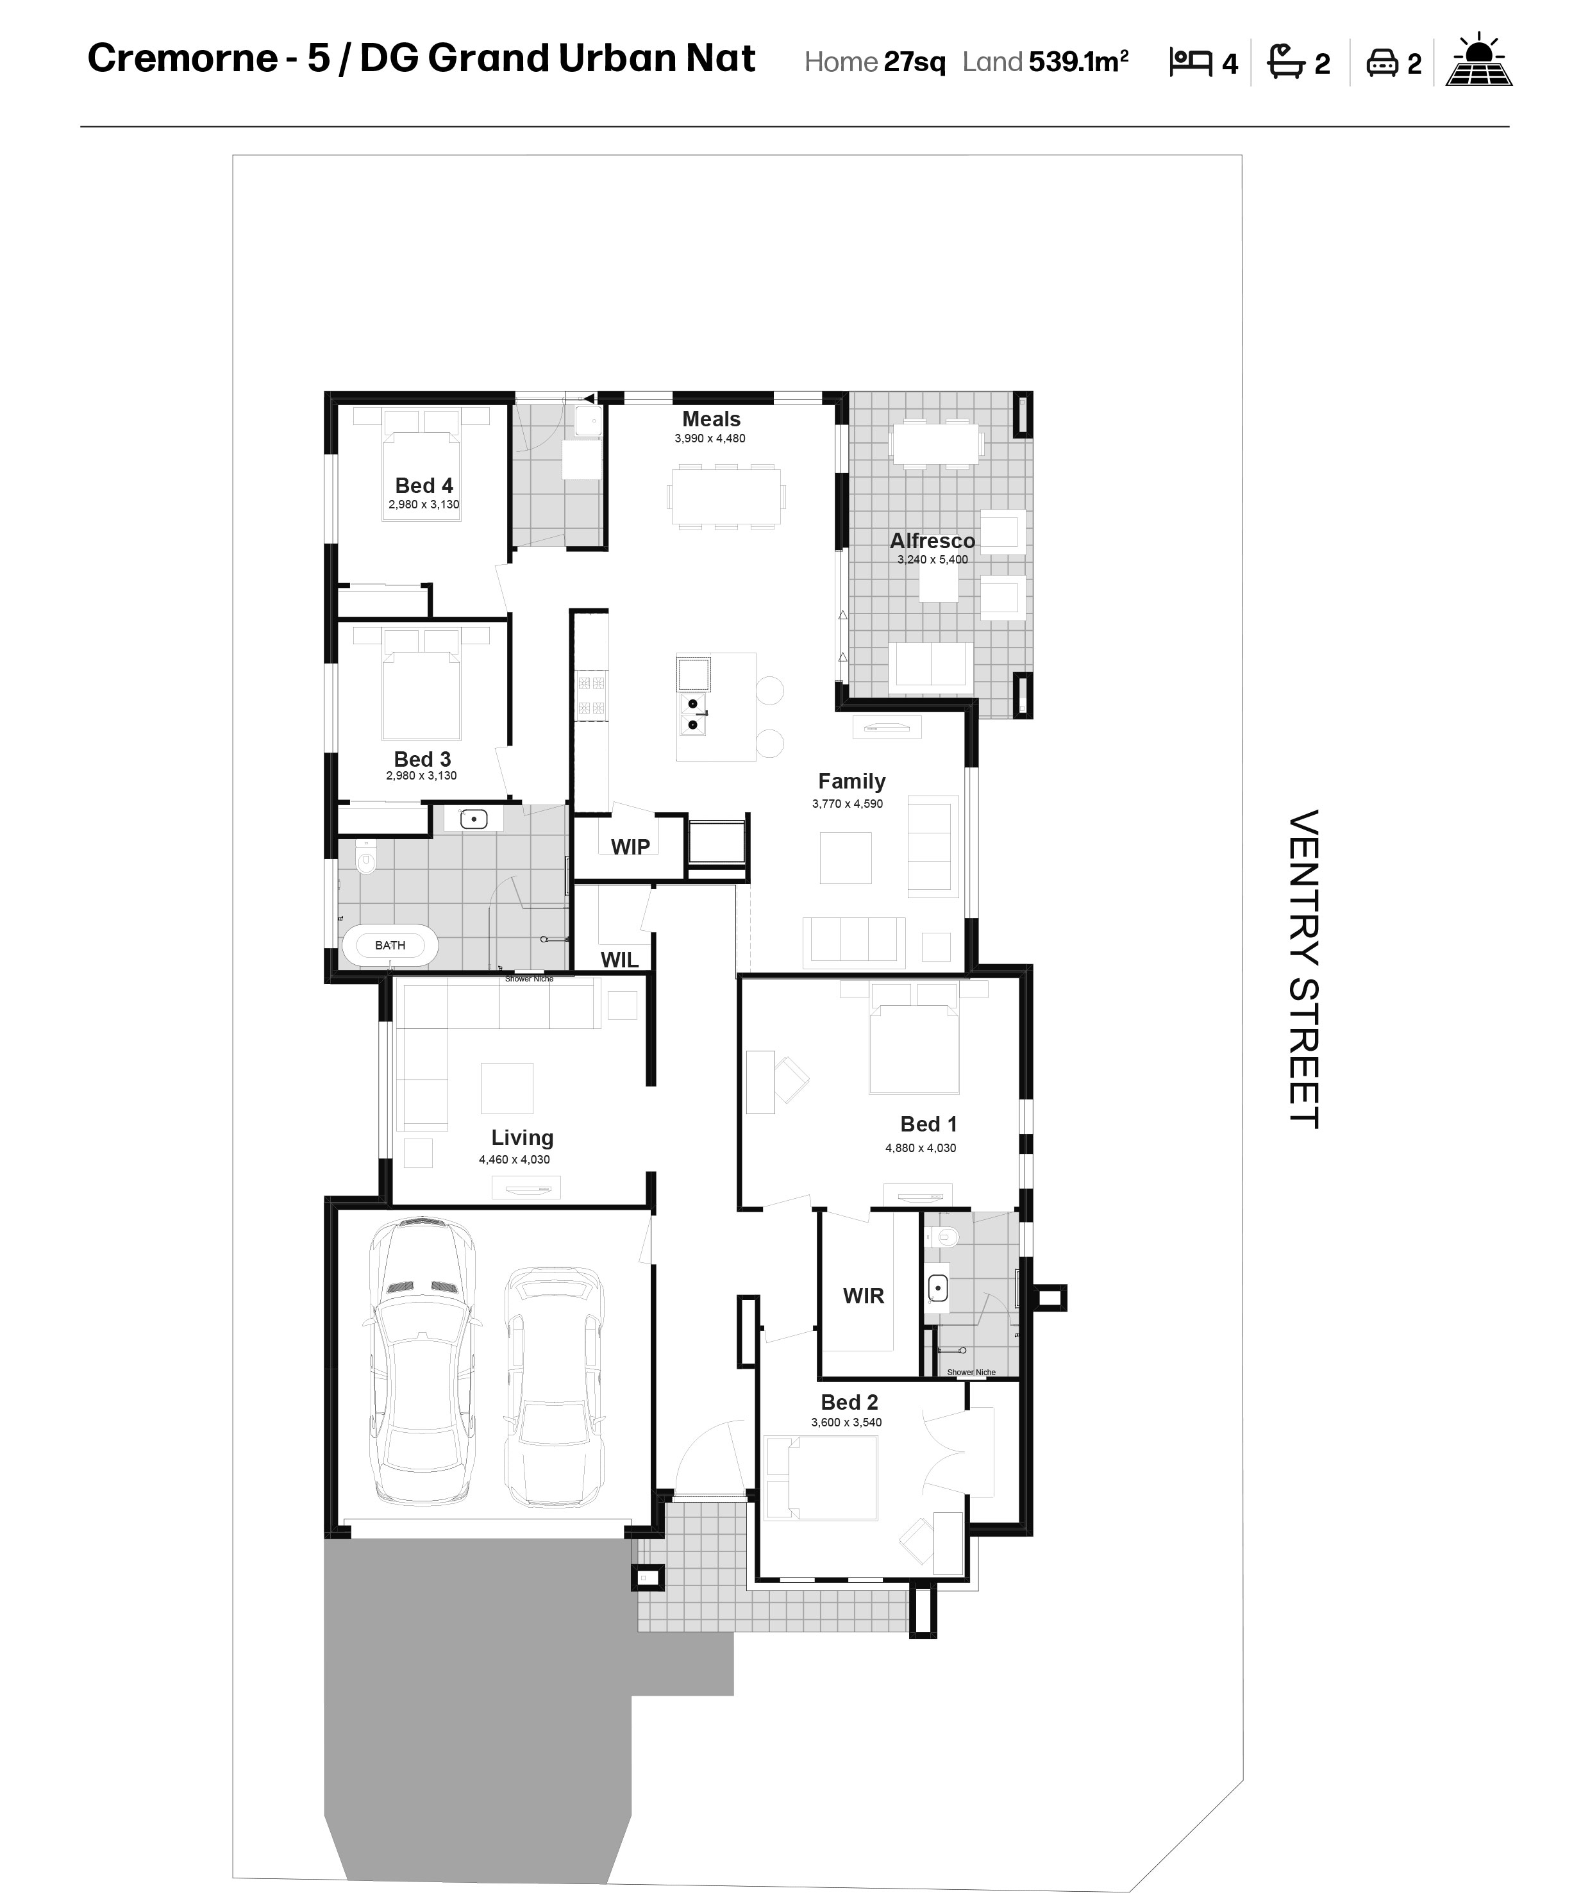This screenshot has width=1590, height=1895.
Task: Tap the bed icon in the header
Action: coord(1190,62)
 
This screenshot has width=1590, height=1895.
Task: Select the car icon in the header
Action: coord(1382,62)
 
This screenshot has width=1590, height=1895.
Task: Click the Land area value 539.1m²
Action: coord(1078,62)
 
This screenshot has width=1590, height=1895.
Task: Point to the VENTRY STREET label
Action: coord(1303,968)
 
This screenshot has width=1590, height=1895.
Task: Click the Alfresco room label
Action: coord(932,540)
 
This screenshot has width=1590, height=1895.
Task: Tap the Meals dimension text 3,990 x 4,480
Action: coord(710,438)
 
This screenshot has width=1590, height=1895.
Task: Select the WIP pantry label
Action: coord(630,846)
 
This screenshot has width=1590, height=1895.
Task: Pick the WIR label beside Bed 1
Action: coord(863,1296)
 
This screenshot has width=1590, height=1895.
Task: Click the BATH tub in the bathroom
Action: coord(390,946)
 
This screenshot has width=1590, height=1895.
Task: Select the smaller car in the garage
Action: coord(554,1387)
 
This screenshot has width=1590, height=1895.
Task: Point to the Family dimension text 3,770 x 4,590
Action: coord(848,804)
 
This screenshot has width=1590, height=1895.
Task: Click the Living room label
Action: coord(522,1138)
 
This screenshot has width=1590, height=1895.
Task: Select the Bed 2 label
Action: coord(848,1402)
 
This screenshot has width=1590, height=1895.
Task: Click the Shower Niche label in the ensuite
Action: coord(971,1373)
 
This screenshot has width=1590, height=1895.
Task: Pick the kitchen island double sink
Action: coord(693,714)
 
